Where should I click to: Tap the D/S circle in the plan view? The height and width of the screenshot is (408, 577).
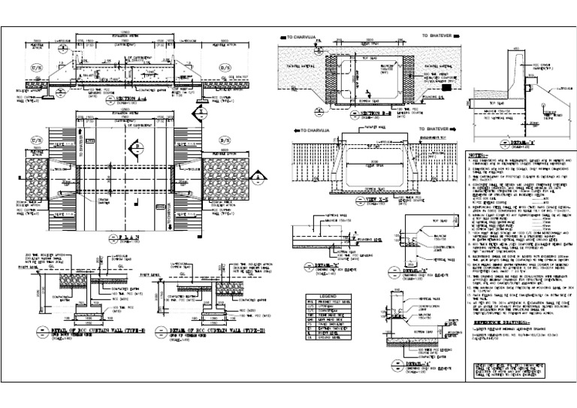(223, 140)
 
